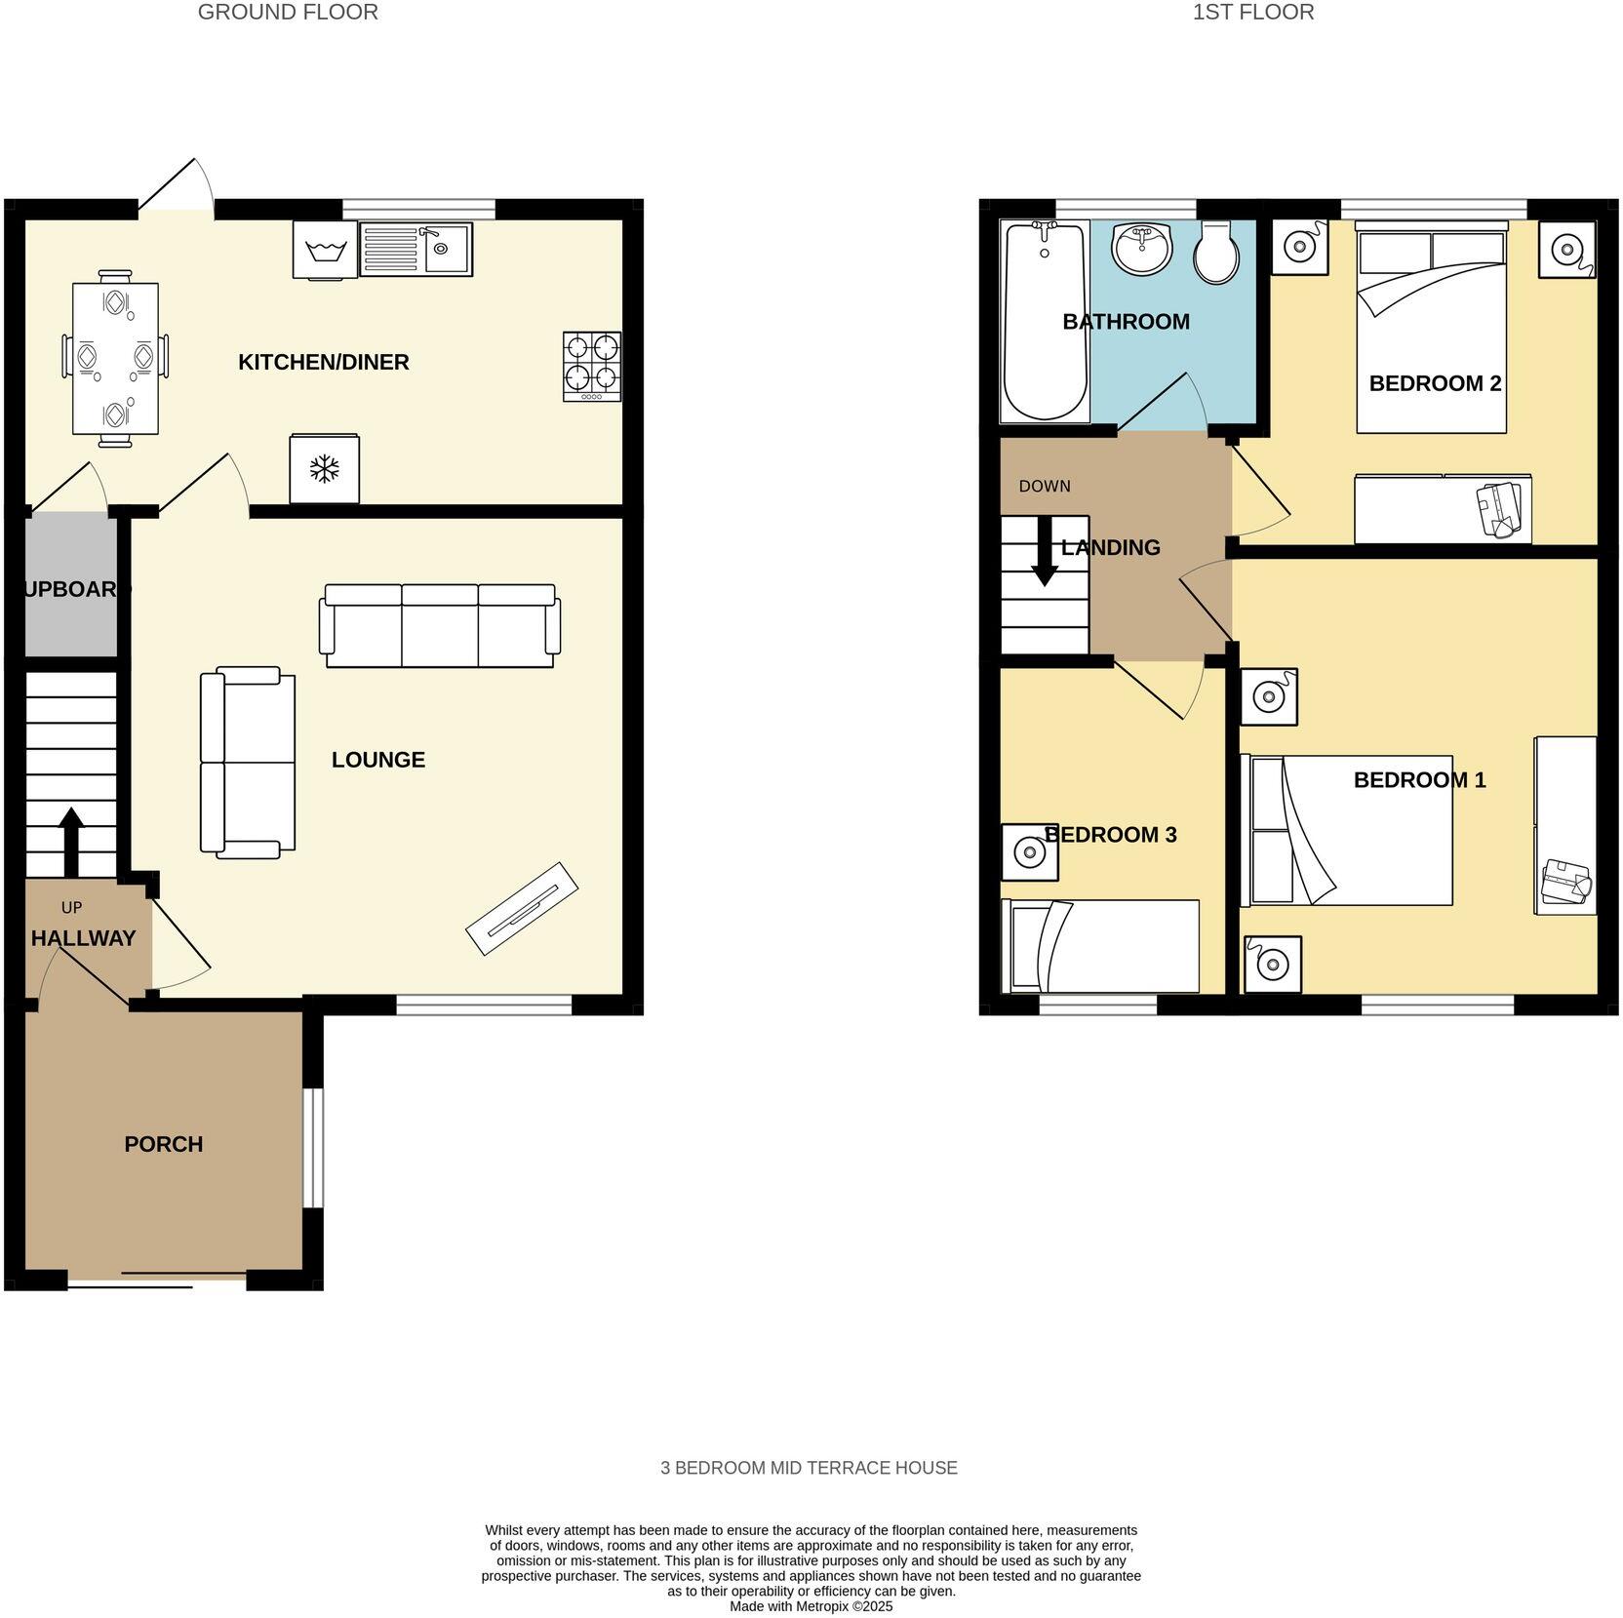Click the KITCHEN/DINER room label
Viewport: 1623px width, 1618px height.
click(323, 362)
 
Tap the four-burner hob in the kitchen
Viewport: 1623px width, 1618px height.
click(591, 366)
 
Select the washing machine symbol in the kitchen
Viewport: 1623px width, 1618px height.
click(325, 251)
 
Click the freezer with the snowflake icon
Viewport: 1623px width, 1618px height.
click(324, 469)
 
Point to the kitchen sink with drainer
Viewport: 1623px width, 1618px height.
click(416, 250)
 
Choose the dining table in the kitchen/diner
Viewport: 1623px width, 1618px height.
click(115, 359)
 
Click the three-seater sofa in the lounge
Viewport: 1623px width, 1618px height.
click(440, 625)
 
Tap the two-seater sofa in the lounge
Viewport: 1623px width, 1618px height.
click(248, 763)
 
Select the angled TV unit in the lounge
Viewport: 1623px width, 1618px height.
click(522, 908)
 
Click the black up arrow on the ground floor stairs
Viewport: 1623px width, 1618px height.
click(71, 839)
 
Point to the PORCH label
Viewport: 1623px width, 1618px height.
click(163, 1144)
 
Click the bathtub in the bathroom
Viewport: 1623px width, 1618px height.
click(1045, 322)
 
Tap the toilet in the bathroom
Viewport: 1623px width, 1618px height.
click(1216, 252)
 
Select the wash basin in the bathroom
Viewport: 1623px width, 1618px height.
click(1142, 248)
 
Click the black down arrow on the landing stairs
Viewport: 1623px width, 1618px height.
click(1045, 552)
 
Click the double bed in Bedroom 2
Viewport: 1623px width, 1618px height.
click(1431, 327)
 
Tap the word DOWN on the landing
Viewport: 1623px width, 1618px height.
click(1044, 486)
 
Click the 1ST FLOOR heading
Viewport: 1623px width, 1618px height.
click(1252, 13)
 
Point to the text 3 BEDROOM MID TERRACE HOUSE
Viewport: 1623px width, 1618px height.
click(809, 1468)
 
